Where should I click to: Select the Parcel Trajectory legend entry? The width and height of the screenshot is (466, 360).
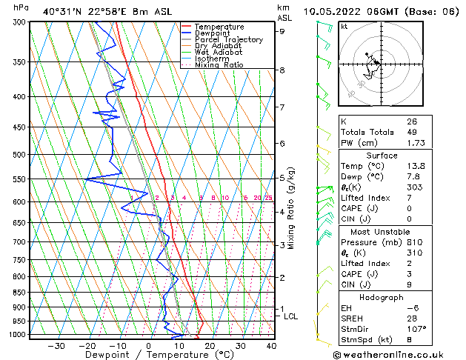coord(228,40)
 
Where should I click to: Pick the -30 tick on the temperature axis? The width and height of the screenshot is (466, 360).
coord(56,345)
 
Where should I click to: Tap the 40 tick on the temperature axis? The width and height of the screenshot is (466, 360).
coord(271,345)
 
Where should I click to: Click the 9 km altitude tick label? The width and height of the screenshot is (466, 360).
coord(282,31)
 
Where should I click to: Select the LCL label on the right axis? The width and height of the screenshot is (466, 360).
coord(291,316)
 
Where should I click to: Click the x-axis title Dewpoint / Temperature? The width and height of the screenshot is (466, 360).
coord(149,355)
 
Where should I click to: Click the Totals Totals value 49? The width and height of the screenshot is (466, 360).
coord(411,131)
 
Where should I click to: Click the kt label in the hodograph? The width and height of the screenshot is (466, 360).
coord(344,26)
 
